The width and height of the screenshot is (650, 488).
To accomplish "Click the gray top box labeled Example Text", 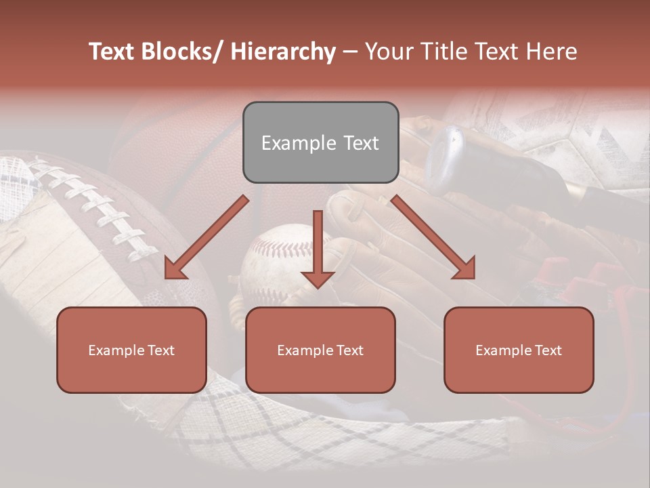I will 320,142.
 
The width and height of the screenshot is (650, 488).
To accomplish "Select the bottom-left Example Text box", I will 131,350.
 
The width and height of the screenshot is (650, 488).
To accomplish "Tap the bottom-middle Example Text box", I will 320,350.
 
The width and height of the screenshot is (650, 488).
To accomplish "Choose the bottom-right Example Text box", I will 519,350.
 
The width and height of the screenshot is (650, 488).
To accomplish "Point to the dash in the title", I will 350,52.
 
